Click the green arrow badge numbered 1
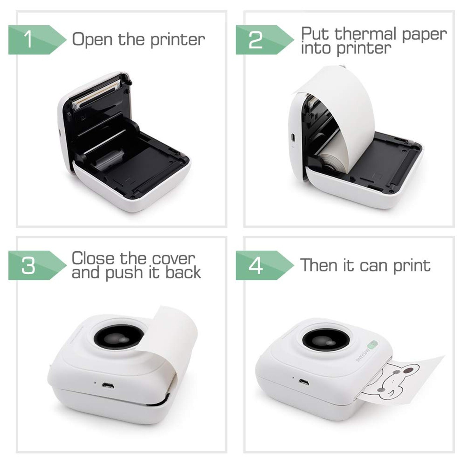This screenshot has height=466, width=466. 35,40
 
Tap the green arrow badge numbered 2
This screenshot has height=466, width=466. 262,40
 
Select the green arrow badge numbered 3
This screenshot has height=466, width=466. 35,265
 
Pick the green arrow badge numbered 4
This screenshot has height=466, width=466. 262,265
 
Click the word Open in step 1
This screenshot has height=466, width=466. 92,40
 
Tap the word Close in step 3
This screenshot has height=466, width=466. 93,258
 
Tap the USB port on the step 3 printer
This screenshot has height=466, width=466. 108,386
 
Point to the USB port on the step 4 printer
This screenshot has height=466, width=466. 304,382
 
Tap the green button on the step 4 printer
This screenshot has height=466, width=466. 372,345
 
